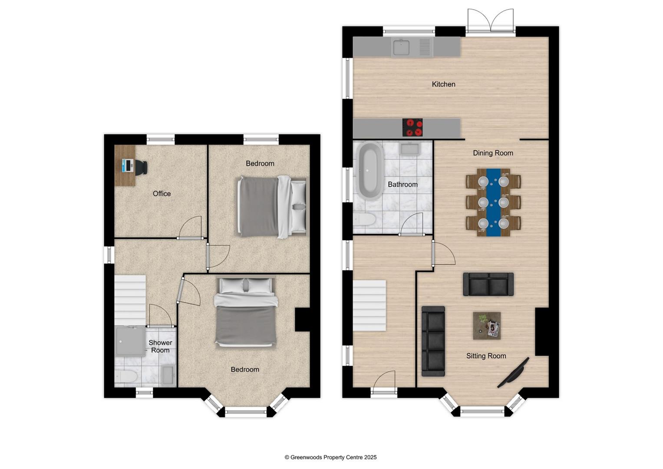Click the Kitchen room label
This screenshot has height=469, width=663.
click(443, 84)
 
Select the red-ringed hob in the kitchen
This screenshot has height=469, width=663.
click(412, 128)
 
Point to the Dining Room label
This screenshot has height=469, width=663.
click(493, 153)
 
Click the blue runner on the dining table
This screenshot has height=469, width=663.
click(493, 202)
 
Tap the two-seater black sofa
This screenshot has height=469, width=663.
click(488, 284)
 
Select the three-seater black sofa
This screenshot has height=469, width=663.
click(433, 341)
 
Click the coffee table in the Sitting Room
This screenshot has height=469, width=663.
click(486, 326)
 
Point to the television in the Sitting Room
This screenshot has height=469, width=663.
click(513, 373)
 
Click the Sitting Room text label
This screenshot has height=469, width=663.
click(486, 356)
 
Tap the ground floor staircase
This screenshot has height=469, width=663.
click(369, 306)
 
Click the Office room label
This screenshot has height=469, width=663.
click(162, 194)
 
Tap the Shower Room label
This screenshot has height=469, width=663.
click(160, 347)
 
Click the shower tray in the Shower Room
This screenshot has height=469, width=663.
click(130, 341)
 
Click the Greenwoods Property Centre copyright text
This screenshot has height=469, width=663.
click(330, 457)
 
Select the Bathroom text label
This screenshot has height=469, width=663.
click(402, 185)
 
